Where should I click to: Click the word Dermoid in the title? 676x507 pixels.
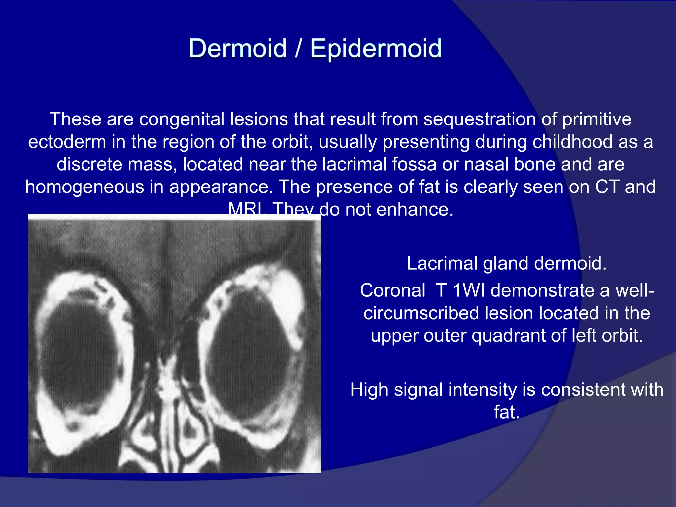[x=237, y=49]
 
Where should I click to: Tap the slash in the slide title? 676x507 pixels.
[x=298, y=49]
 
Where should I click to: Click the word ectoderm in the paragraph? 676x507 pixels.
[x=67, y=142]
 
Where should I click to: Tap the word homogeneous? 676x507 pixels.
[x=84, y=187]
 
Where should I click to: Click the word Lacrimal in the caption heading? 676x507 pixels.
[x=442, y=263]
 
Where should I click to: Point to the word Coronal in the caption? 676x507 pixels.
[x=392, y=290]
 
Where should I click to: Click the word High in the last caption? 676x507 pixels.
[x=369, y=389]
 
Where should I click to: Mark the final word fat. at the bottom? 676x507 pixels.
[x=507, y=412]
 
